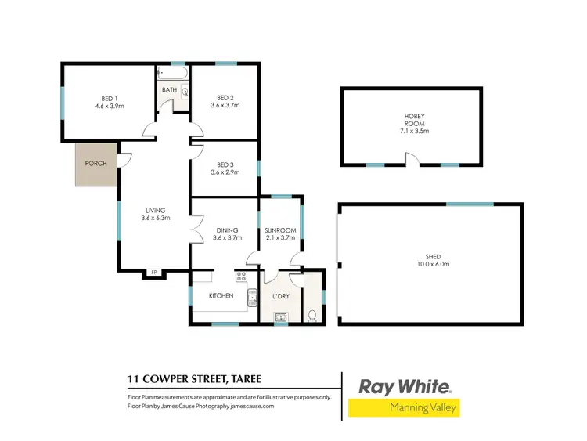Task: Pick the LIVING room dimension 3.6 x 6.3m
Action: click(x=156, y=218)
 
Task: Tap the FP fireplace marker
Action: click(x=154, y=272)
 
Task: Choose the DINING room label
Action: click(x=227, y=230)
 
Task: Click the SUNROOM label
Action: click(x=280, y=230)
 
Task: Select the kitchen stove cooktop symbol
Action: click(x=241, y=277)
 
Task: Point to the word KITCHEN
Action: click(x=221, y=296)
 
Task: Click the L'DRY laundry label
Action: click(x=281, y=296)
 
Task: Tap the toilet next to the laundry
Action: click(x=312, y=316)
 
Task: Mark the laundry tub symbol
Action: click(x=281, y=317)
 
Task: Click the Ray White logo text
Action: click(x=404, y=387)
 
